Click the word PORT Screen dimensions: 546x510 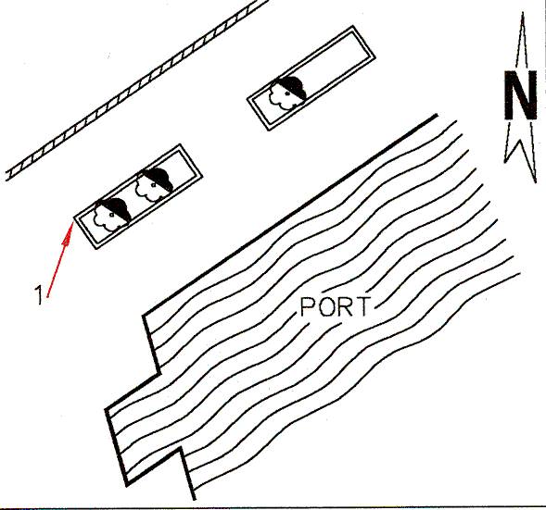pyautogui.click(x=335, y=306)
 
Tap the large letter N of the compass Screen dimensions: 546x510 pyautogui.click(x=521, y=95)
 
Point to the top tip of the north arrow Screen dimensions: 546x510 pyautogui.click(x=522, y=13)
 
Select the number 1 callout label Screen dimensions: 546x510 pyautogui.click(x=40, y=295)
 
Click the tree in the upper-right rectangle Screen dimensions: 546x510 pyautogui.click(x=287, y=93)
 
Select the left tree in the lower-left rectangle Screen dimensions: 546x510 pyautogui.click(x=112, y=216)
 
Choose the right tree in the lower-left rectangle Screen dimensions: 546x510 pyautogui.click(x=154, y=185)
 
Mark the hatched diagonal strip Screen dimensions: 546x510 pyautogui.click(x=137, y=90)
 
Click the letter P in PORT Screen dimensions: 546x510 pyautogui.click(x=308, y=306)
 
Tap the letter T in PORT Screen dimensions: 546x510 pyautogui.click(x=362, y=306)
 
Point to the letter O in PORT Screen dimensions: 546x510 pyautogui.click(x=326, y=306)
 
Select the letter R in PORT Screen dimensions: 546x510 pyautogui.click(x=346, y=306)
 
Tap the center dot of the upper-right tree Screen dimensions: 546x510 pyautogui.click(x=287, y=93)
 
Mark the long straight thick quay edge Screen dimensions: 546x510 pyautogui.click(x=290, y=216)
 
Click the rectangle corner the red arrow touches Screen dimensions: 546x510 pyautogui.click(x=74, y=218)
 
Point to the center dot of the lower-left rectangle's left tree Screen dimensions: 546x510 pyautogui.click(x=111, y=216)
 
